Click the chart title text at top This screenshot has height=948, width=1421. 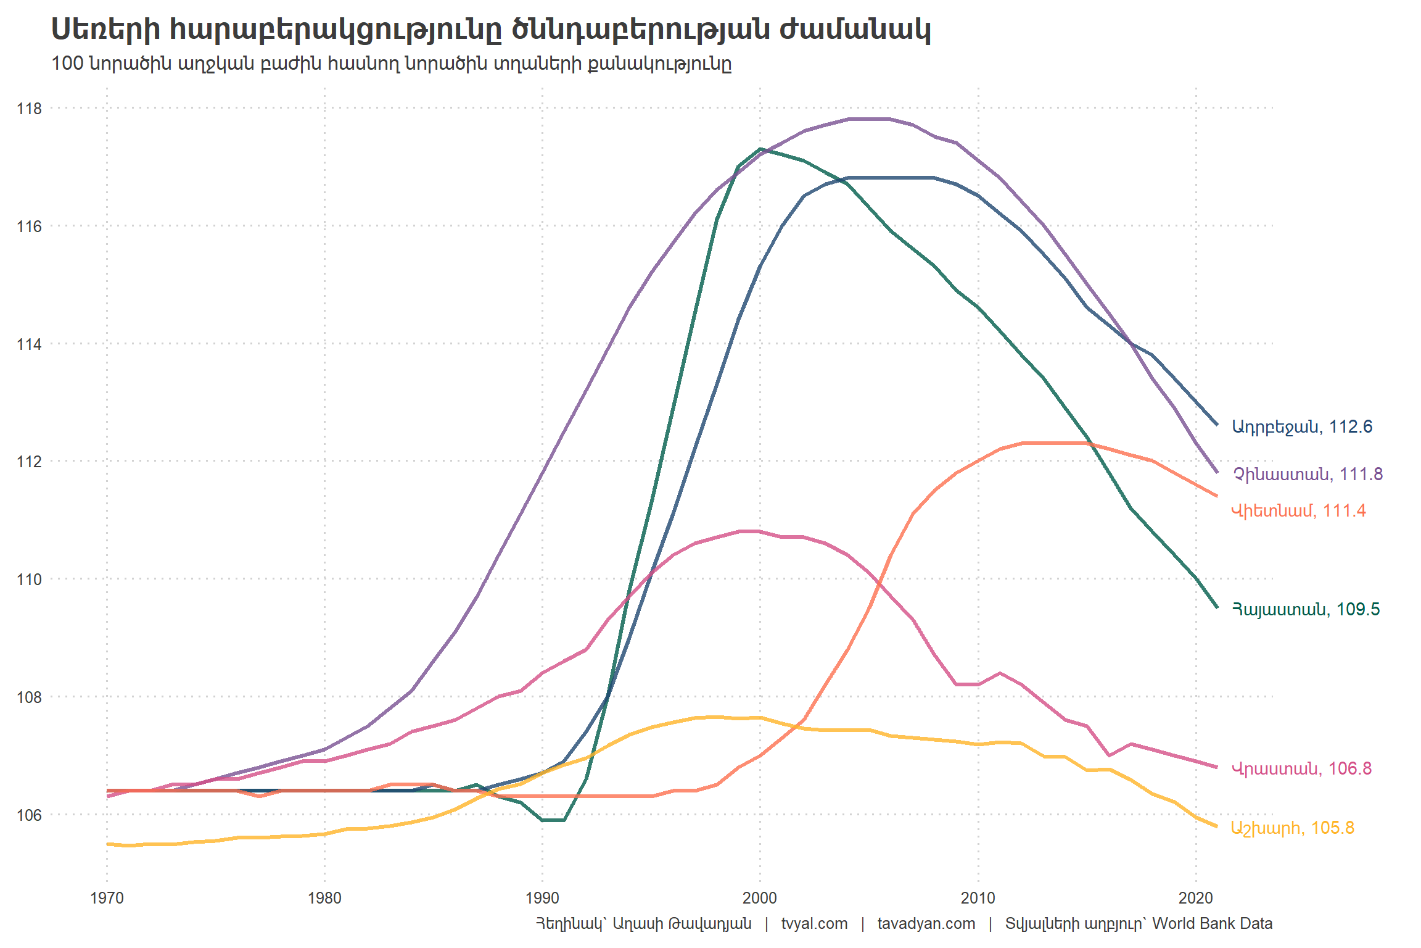click(x=490, y=30)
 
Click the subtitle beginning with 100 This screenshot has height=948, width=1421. click(x=391, y=64)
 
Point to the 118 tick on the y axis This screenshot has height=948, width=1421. click(x=29, y=109)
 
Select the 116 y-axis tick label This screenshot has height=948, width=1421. click(x=29, y=227)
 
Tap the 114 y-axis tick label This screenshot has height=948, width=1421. click(x=29, y=344)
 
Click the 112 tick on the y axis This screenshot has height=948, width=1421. click(x=29, y=462)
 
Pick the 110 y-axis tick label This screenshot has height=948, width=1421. click(x=29, y=580)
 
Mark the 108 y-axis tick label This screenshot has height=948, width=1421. click(x=29, y=697)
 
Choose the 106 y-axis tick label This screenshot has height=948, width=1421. click(x=29, y=815)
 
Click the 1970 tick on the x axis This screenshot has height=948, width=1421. click(x=107, y=898)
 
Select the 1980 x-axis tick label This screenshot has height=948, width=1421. click(x=324, y=898)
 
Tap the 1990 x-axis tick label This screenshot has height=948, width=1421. click(x=542, y=898)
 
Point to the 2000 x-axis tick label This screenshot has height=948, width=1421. click(x=760, y=898)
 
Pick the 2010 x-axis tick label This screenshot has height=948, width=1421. click(x=978, y=898)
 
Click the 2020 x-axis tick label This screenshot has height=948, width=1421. click(x=1195, y=898)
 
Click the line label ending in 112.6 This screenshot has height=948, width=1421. click(x=1302, y=427)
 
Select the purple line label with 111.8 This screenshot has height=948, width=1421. click(x=1308, y=475)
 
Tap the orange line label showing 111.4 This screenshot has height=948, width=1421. click(x=1298, y=511)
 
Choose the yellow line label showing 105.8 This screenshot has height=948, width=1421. click(x=1292, y=828)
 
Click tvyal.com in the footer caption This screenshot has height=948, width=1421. click(x=814, y=924)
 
